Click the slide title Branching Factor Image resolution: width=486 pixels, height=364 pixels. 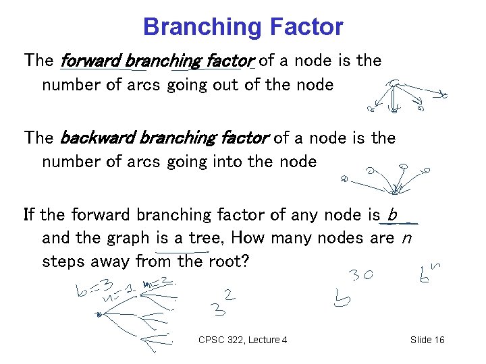[243, 27]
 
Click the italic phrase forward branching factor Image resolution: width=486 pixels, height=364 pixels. [157, 61]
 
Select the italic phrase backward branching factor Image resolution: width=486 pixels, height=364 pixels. [165, 139]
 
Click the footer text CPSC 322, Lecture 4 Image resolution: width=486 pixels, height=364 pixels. [243, 340]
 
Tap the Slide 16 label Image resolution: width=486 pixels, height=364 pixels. [427, 340]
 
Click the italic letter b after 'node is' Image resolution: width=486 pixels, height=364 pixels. [391, 215]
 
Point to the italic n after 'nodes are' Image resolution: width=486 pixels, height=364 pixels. [405, 238]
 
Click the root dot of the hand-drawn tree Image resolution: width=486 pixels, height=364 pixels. [99, 314]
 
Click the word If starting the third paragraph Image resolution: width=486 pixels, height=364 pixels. [30, 215]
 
